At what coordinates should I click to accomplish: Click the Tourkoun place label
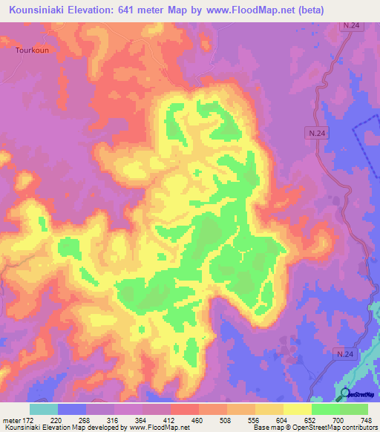(x=31, y=50)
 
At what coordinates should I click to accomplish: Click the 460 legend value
(x=197, y=420)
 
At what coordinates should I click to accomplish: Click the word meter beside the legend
(x=10, y=420)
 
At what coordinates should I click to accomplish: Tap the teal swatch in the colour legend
(x=44, y=409)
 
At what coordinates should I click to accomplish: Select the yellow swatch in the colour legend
(x=297, y=409)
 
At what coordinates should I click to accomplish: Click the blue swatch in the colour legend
(x=72, y=409)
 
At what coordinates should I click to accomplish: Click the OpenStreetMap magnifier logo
(x=345, y=393)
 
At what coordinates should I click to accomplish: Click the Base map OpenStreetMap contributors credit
(x=312, y=428)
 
